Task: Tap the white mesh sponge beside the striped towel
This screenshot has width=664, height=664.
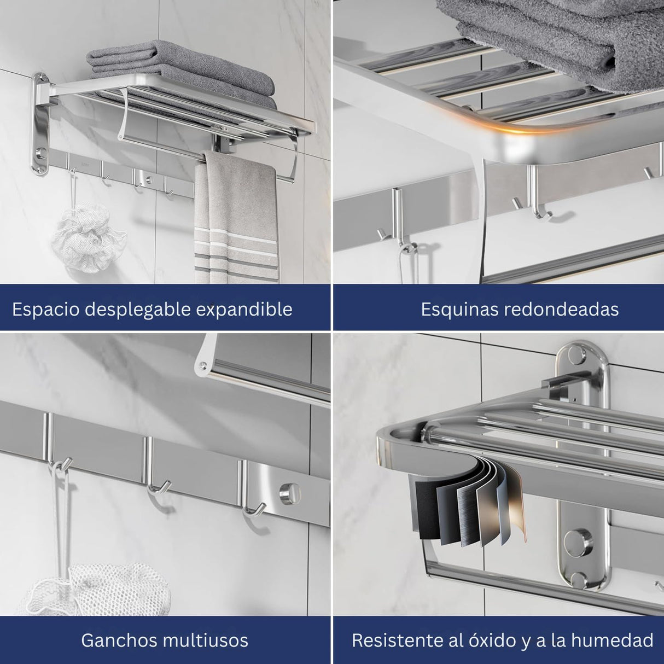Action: pos(89,237)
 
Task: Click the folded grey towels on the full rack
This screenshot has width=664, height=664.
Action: pos(182,74)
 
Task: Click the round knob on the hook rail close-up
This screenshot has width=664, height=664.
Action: pos(290,494)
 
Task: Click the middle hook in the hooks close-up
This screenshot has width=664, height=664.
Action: pos(159,487)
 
